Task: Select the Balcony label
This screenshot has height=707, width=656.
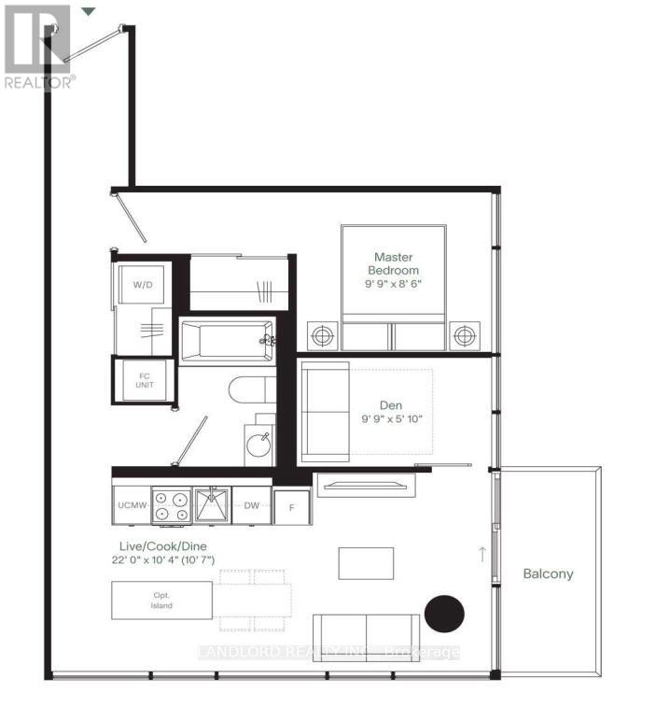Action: tap(548, 573)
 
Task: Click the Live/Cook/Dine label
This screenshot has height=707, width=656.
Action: tap(164, 552)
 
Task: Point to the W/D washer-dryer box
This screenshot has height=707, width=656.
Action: tap(142, 284)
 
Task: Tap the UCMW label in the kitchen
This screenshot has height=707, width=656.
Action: tap(131, 505)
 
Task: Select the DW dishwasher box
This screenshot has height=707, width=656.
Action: tap(251, 505)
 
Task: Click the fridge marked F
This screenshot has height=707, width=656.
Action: tap(292, 508)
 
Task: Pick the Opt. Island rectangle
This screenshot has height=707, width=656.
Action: tap(161, 600)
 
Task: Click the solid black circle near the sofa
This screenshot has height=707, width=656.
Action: tap(444, 614)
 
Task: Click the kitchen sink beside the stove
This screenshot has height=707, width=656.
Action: tap(212, 505)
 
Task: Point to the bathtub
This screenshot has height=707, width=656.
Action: tap(224, 342)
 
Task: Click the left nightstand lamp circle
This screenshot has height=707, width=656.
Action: tap(323, 334)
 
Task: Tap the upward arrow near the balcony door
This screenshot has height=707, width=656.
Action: tap(482, 554)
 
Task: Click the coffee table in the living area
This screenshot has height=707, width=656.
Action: tap(359, 563)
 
